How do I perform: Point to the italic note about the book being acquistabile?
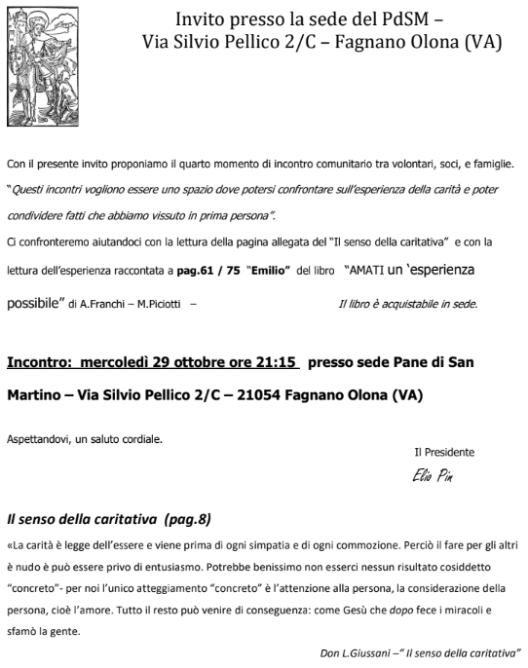coord(407,305)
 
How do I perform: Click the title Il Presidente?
coord(444,452)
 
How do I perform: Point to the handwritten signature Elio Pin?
coord(434,476)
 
